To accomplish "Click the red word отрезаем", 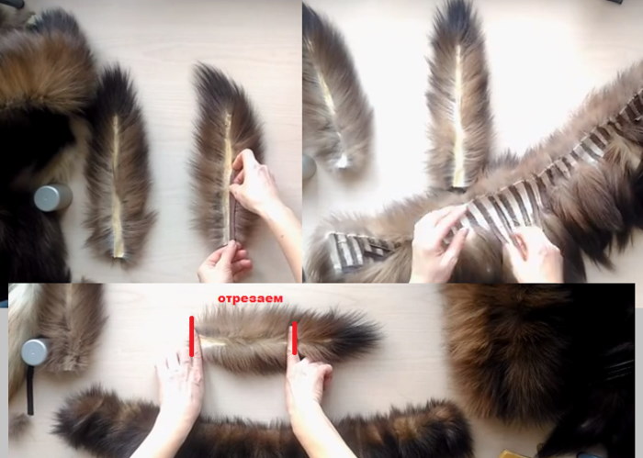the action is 250,298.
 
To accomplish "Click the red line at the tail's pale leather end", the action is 191,336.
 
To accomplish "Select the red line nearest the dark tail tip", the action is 295,339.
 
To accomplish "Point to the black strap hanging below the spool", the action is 30,390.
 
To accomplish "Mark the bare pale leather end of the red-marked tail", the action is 211,342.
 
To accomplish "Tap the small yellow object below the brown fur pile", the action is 513,454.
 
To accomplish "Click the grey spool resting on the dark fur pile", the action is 53,198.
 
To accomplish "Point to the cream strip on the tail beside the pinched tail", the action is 117,186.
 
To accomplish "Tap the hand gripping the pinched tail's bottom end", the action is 225,263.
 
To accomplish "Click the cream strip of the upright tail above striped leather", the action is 459,118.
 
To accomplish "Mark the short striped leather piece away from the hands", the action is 353,250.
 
